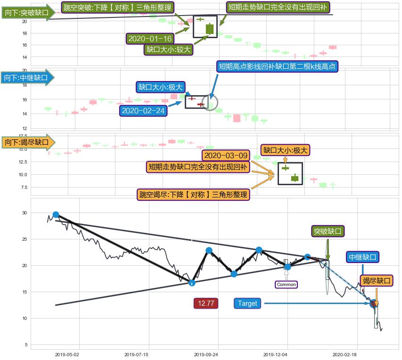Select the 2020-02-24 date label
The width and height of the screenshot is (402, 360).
coord(143,111)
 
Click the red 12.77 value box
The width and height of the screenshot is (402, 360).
coord(206,303)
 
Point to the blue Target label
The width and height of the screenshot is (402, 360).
coord(247,303)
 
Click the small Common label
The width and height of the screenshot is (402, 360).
coord(286,284)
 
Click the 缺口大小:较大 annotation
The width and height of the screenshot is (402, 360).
coord(168,49)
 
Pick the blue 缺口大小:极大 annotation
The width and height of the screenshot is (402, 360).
coord(160,87)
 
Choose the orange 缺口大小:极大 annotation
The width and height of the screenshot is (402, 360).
coord(285,150)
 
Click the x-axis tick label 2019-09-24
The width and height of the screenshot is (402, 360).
coord(206,354)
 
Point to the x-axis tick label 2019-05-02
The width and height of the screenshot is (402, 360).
coord(66,354)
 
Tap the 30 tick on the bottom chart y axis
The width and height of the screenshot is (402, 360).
coord(25,213)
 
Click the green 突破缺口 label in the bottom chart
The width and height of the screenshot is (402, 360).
coord(328,231)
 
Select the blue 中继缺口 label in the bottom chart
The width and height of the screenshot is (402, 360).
coord(362,257)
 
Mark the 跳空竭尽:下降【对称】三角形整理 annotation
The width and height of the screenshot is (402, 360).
coord(193,195)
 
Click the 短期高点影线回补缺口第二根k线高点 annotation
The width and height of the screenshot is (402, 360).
coord(278,66)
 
